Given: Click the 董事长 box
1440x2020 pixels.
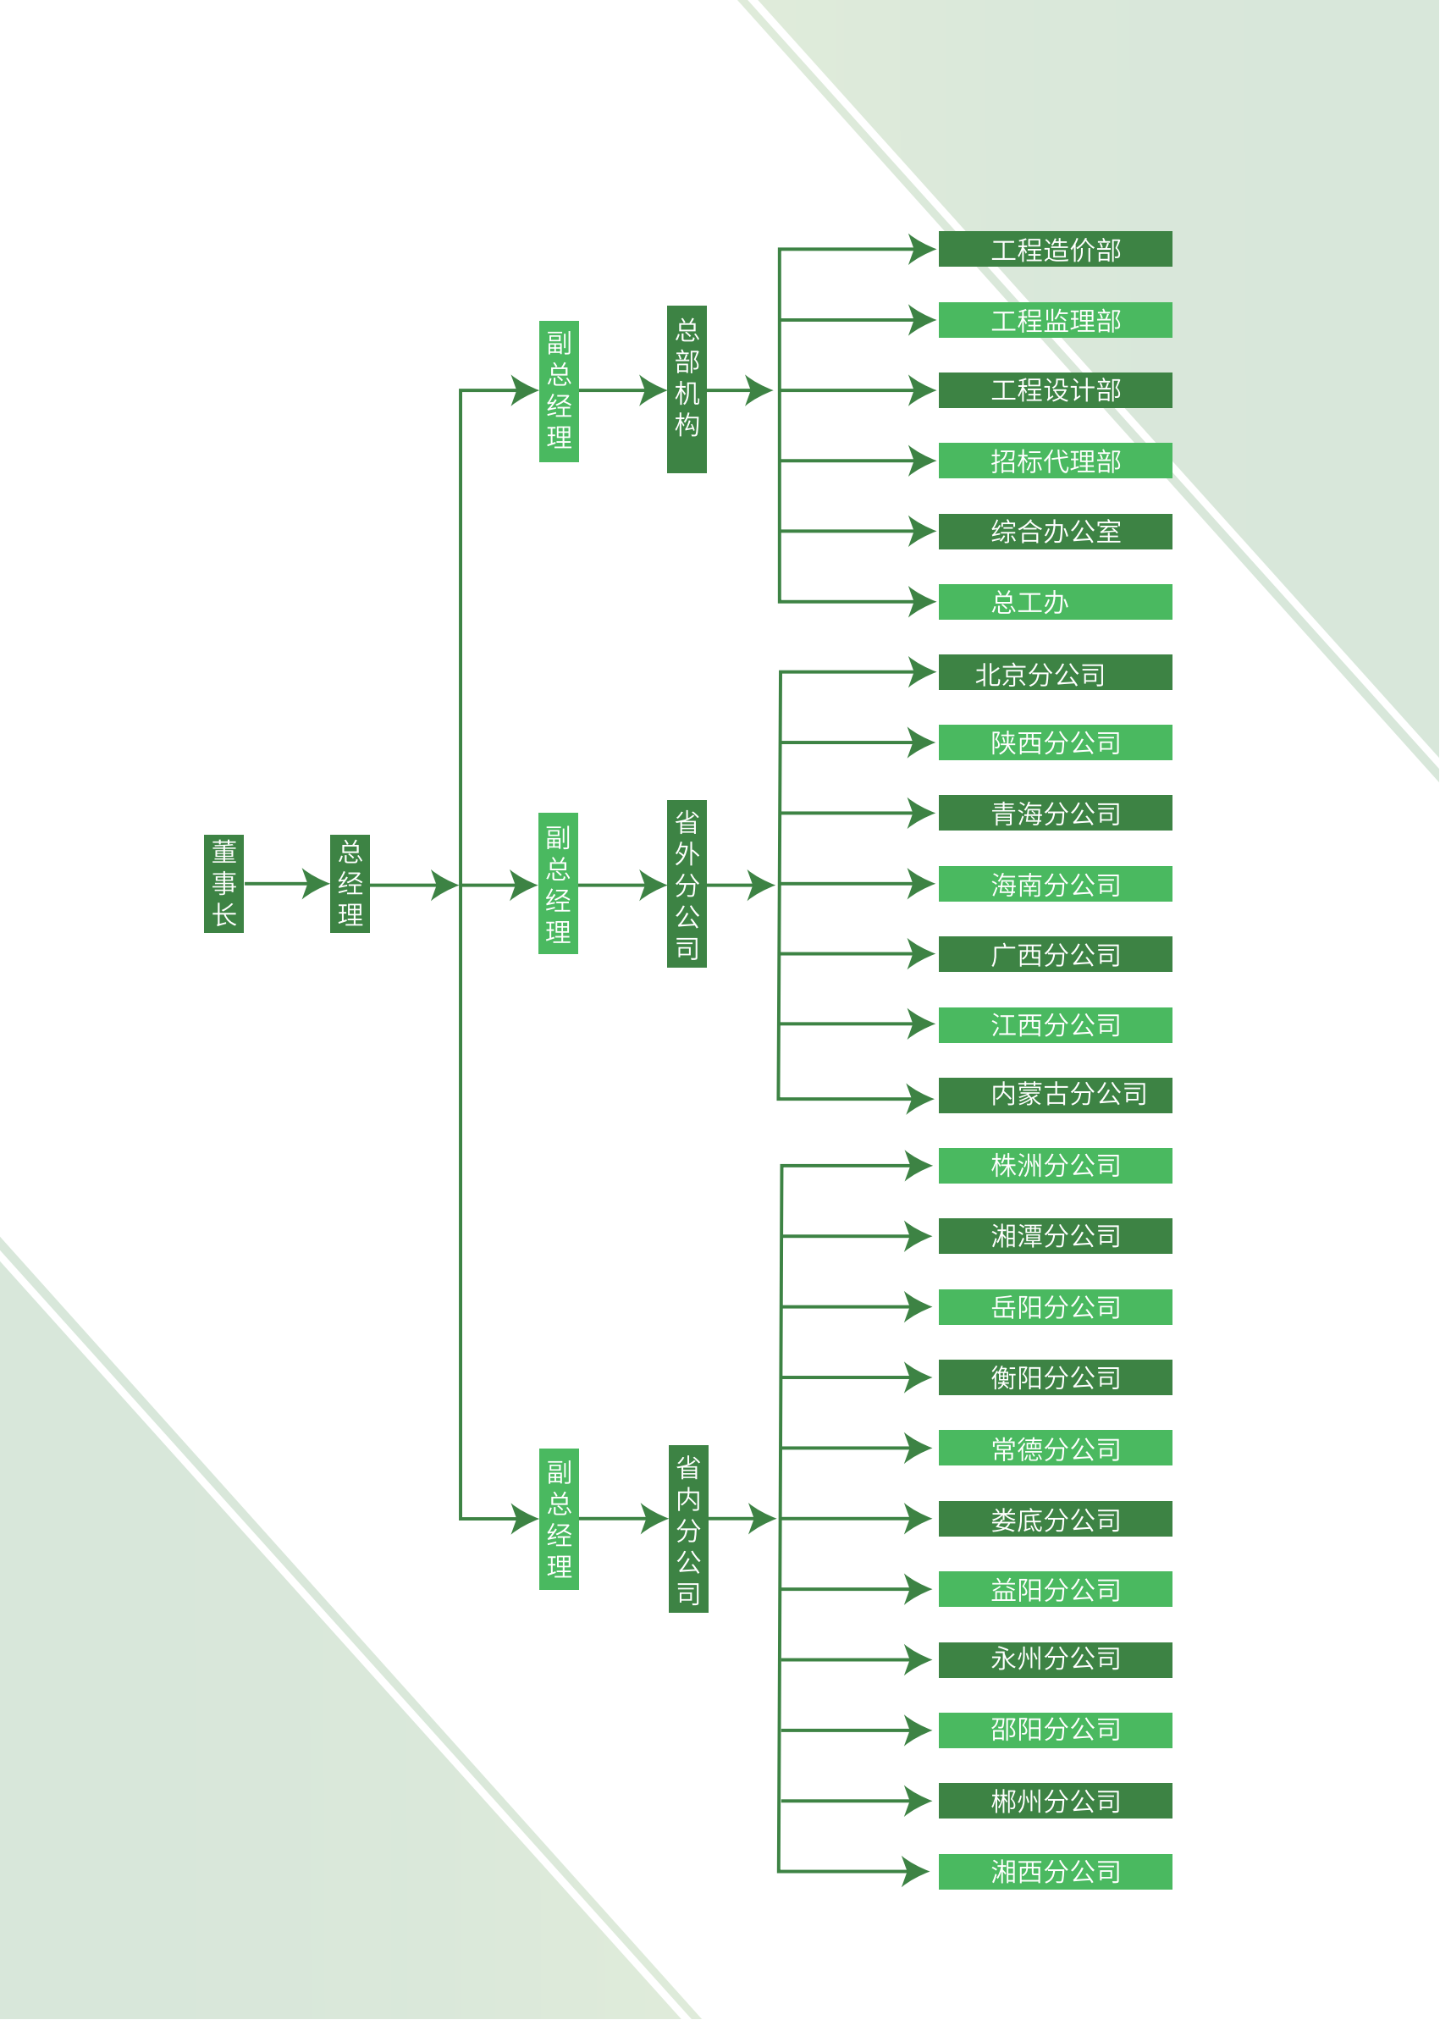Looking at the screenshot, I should (x=223, y=883).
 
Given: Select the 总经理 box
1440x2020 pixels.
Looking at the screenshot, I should (x=350, y=883).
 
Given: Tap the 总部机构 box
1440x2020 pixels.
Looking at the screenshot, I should (x=687, y=389).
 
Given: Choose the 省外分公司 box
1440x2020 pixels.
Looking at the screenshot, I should (x=687, y=884).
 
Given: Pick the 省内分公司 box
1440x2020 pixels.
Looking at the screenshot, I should (x=688, y=1529).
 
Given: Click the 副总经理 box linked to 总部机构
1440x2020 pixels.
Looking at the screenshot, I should (x=559, y=391).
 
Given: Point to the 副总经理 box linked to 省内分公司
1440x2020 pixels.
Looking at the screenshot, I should (x=559, y=1519).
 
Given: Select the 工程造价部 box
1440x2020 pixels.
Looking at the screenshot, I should (x=1055, y=249).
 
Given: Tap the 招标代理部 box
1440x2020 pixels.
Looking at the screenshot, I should (x=1055, y=461).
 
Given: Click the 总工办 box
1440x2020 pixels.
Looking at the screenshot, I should (x=1055, y=602).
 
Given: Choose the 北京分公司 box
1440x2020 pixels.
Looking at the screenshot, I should (x=1055, y=672).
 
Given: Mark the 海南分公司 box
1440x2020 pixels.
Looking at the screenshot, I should (x=1055, y=884).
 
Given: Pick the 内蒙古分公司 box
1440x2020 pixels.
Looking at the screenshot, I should (x=1055, y=1096).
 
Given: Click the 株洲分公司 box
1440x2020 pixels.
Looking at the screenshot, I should (x=1055, y=1166).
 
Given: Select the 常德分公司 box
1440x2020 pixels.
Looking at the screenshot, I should (x=1055, y=1448).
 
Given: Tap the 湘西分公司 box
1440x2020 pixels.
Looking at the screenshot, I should (x=1055, y=1872).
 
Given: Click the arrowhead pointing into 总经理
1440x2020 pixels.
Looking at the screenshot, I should (x=316, y=883).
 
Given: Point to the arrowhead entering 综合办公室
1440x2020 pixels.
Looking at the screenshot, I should (x=922, y=531).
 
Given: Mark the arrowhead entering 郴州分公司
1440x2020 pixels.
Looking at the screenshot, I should (x=919, y=1801).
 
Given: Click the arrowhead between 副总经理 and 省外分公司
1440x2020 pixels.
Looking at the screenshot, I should (x=654, y=885).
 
